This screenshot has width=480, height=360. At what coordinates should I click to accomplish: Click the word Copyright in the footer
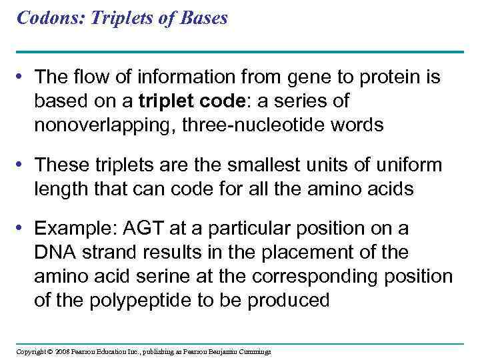pos(31,351)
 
